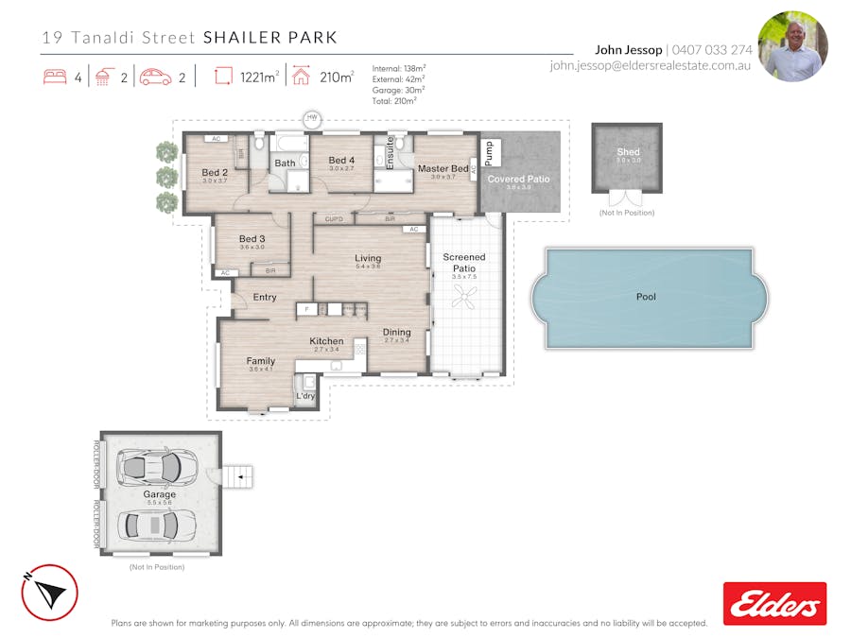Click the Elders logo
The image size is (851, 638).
coord(774,603)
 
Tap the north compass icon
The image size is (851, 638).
coord(49,593)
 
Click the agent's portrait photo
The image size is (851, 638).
coord(792,46)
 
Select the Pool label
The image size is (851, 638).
coord(646,297)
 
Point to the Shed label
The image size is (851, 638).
coord(628,151)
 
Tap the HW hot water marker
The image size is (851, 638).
coord(312,119)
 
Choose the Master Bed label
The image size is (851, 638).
coord(443,169)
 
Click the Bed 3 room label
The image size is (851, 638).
coord(252,239)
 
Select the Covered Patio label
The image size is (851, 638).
coord(518,179)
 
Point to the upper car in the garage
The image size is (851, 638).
coord(149,466)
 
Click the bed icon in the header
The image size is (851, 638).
coord(55,78)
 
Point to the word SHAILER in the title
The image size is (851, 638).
coord(237,38)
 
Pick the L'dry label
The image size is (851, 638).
coord(305,396)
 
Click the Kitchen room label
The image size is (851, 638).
coord(326,341)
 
